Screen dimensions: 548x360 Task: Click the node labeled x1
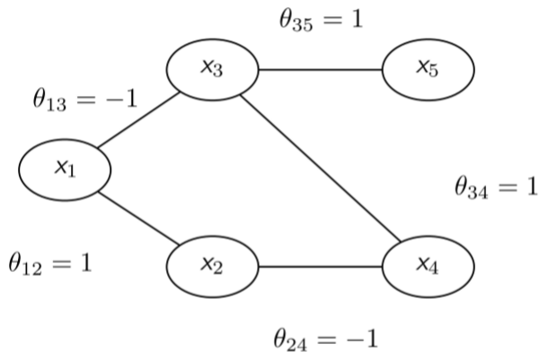[65, 170]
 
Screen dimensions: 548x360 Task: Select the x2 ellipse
[213, 267]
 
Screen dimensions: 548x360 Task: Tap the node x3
[213, 70]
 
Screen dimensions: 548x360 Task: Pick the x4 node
[429, 267]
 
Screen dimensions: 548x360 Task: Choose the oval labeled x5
[429, 70]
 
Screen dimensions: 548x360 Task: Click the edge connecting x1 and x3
[138, 120]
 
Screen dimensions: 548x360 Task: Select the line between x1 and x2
[138, 218]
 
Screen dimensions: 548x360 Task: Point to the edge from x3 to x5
[321, 70]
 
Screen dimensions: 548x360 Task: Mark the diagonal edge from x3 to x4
[321, 168]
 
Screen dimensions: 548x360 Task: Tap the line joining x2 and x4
[321, 267]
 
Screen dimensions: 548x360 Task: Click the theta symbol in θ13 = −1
[40, 99]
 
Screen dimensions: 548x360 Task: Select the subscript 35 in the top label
[302, 26]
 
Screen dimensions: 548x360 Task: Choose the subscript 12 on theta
[31, 268]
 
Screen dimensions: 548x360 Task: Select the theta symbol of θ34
[461, 186]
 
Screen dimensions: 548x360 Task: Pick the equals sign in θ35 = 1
[334, 20]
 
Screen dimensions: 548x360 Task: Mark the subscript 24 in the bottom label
[296, 345]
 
